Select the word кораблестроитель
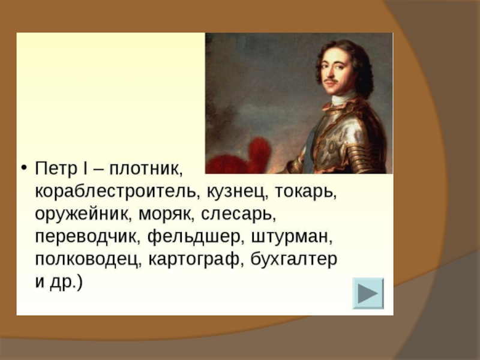click(115, 192)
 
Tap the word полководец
click(88, 260)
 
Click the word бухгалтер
click(294, 260)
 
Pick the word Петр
click(56, 169)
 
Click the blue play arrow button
click(368, 293)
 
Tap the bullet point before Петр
click(24, 169)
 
